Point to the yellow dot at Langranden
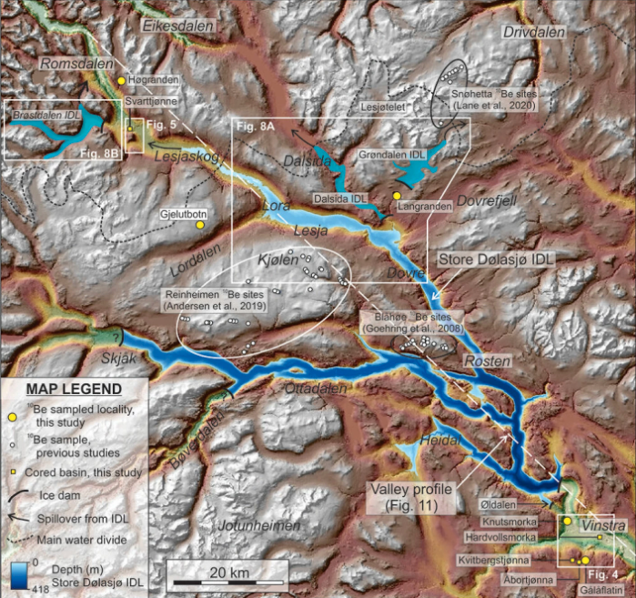point(397,196)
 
